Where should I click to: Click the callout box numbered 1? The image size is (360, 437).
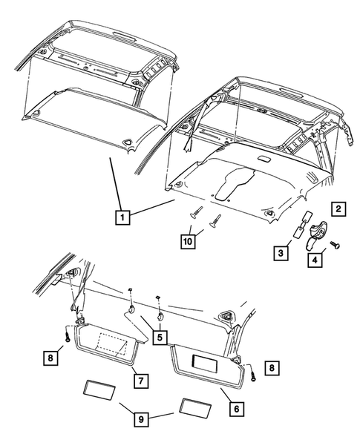coord(123,217)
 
